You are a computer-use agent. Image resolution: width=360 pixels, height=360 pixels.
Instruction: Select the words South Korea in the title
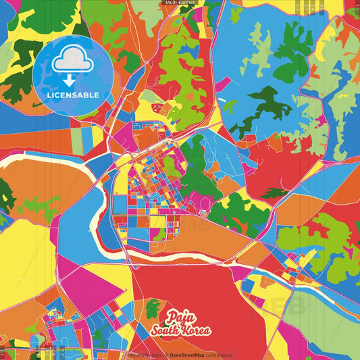point(180,330)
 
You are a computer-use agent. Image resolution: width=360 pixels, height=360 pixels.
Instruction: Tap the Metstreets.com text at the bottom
point(144,355)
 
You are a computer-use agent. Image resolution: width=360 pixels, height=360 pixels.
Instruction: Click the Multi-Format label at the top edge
point(179,3)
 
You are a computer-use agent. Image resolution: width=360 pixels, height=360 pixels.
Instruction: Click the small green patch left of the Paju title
point(153,309)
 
